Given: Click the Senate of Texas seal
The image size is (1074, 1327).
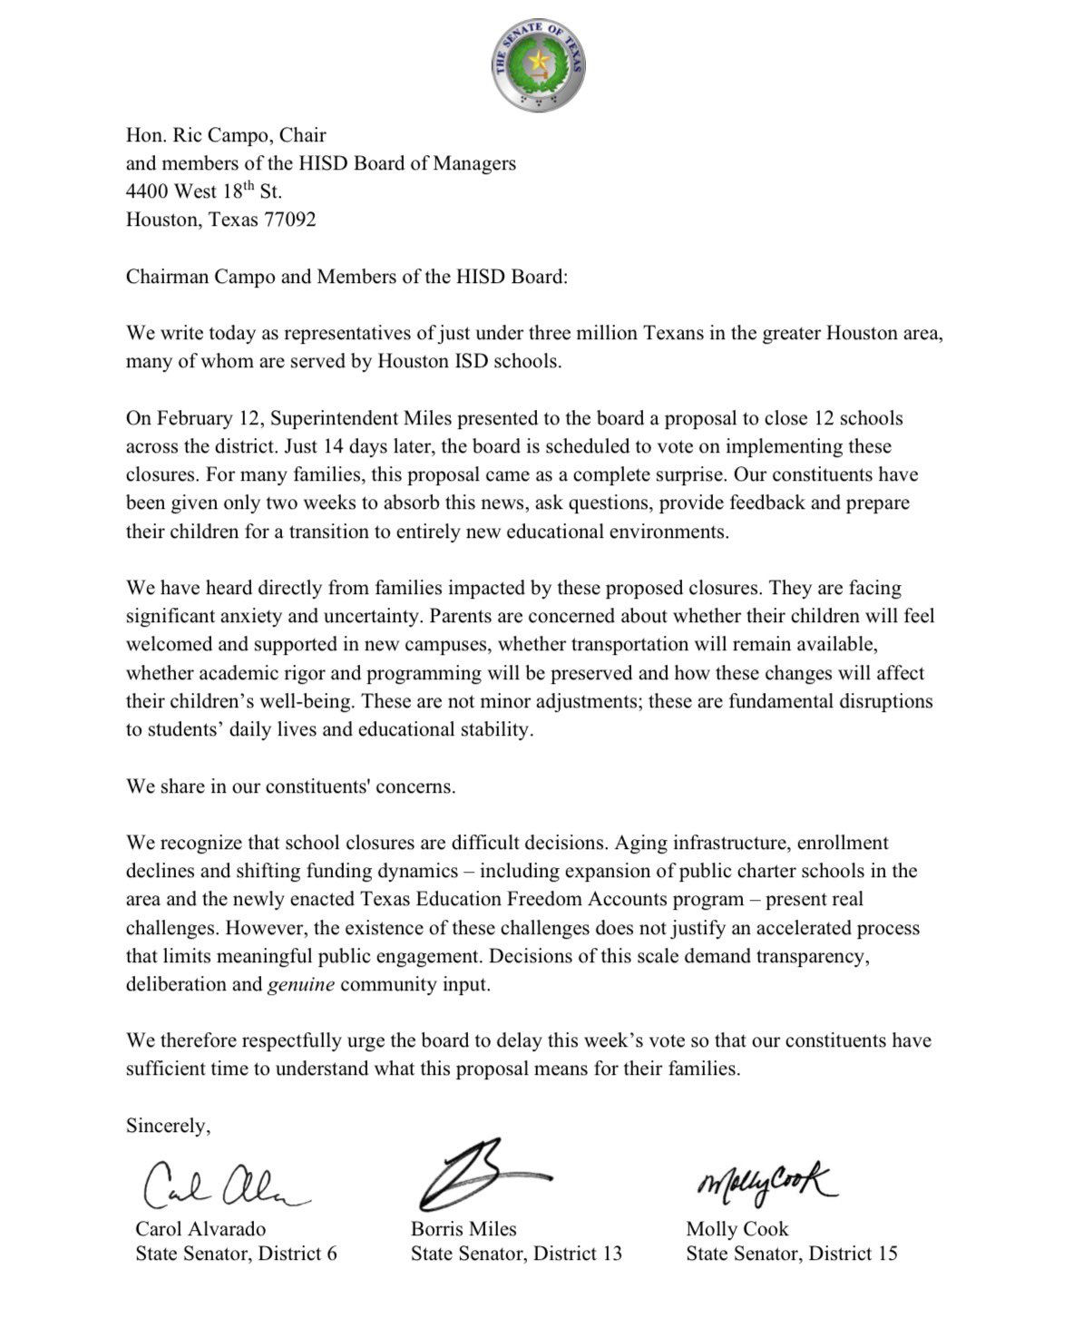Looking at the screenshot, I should (x=538, y=66).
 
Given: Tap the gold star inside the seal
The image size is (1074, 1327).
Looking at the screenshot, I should (x=539, y=62).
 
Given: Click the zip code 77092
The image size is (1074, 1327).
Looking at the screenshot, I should (x=289, y=220).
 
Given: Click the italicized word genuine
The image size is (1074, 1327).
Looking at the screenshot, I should (x=301, y=984).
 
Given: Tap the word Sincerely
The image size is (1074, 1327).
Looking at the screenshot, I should (x=168, y=1126).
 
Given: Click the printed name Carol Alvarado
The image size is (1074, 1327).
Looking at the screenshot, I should (x=200, y=1229).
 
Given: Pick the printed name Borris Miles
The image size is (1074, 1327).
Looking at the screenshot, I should (x=464, y=1229).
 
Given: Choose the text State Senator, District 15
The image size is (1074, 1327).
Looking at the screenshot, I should (x=791, y=1254).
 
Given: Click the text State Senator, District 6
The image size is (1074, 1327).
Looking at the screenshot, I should (x=236, y=1254).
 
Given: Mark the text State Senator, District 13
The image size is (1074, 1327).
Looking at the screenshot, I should (x=516, y=1254).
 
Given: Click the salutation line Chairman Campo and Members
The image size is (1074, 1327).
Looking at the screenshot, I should (x=347, y=277).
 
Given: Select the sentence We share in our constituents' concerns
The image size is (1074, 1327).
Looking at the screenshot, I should (x=290, y=786).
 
